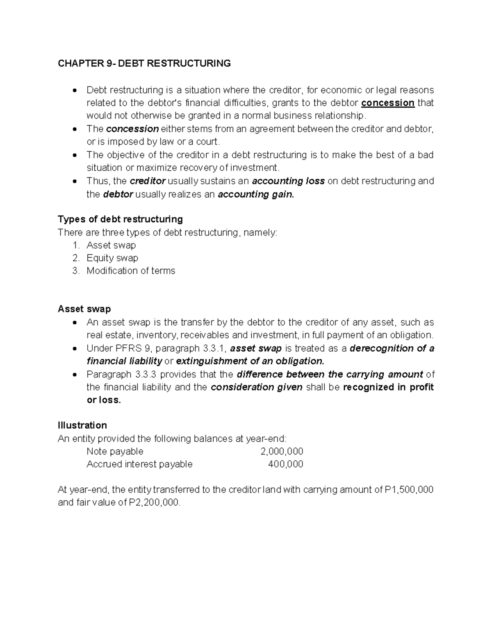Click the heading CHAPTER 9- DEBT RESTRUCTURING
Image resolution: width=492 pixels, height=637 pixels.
click(144, 64)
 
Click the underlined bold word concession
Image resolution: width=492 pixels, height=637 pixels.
click(387, 103)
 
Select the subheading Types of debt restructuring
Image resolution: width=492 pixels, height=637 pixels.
click(120, 219)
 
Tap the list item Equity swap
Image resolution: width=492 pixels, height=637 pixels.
click(112, 258)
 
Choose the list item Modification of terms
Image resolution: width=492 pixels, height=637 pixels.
click(131, 271)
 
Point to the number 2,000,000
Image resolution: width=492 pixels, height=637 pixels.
click(282, 452)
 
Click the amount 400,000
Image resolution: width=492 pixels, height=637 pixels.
click(285, 464)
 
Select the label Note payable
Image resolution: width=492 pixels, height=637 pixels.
click(115, 452)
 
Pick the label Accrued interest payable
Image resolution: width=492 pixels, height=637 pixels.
click(139, 464)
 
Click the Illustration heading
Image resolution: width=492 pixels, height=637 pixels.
click(82, 425)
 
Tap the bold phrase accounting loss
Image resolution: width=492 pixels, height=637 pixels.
click(288, 181)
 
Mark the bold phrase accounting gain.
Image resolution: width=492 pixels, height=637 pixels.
click(256, 194)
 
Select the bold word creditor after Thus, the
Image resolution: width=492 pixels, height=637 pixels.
click(148, 181)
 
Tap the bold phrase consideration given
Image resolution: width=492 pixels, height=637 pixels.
click(256, 387)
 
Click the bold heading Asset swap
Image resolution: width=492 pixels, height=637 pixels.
click(84, 309)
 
